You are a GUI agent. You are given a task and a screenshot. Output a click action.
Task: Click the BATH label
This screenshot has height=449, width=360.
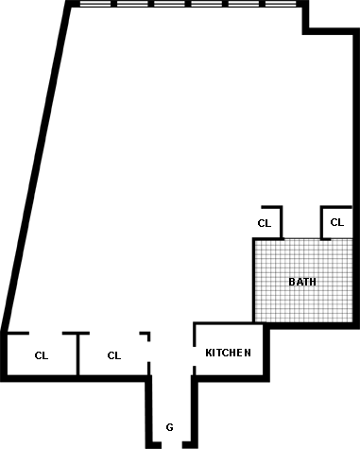coord(302,282)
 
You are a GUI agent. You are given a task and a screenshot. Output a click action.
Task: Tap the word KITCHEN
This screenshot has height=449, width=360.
coord(228,353)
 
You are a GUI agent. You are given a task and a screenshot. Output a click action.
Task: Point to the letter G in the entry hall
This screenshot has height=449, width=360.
coord(169,427)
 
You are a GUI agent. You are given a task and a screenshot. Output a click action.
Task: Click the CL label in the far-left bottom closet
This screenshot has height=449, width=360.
coord(42,355)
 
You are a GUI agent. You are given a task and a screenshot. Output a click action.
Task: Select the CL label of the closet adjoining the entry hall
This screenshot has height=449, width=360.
coord(114,355)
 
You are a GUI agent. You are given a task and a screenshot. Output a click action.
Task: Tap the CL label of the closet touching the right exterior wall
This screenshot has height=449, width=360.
coord(337,222)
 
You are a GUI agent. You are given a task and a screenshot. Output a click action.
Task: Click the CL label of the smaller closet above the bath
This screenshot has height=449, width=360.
coord(265,223)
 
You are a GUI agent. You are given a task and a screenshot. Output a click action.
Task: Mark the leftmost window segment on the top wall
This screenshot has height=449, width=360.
coord(95,4)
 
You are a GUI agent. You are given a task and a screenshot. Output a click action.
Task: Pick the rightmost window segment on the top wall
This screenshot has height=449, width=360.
coord(281,4)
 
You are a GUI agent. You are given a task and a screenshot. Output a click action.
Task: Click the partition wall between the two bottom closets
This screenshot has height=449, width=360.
coord(77,354)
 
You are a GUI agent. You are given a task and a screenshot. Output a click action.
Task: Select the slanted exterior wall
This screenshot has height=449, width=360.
coord(36,164)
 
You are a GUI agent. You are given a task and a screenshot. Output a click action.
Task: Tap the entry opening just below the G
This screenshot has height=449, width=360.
coord(172,445)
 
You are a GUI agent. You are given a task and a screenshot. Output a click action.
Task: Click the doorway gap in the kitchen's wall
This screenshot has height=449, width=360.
coord(195,356)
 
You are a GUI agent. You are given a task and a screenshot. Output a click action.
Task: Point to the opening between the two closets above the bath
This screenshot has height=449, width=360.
coord(301,239)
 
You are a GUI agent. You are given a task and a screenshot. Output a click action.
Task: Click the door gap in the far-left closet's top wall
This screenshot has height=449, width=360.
coord(45,333)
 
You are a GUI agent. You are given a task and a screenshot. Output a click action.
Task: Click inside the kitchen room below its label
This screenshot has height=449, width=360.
coord(229,367)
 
